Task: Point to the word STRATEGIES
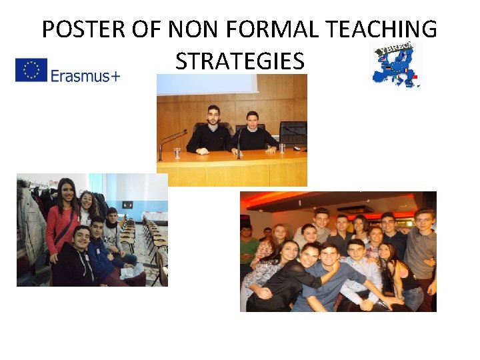click(x=240, y=61)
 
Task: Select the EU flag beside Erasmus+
click(x=31, y=70)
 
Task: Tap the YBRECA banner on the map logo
click(x=398, y=48)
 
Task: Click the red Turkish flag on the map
click(x=415, y=77)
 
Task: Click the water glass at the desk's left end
click(x=177, y=153)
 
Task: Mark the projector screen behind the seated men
click(x=207, y=83)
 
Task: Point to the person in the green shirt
click(x=247, y=247)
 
